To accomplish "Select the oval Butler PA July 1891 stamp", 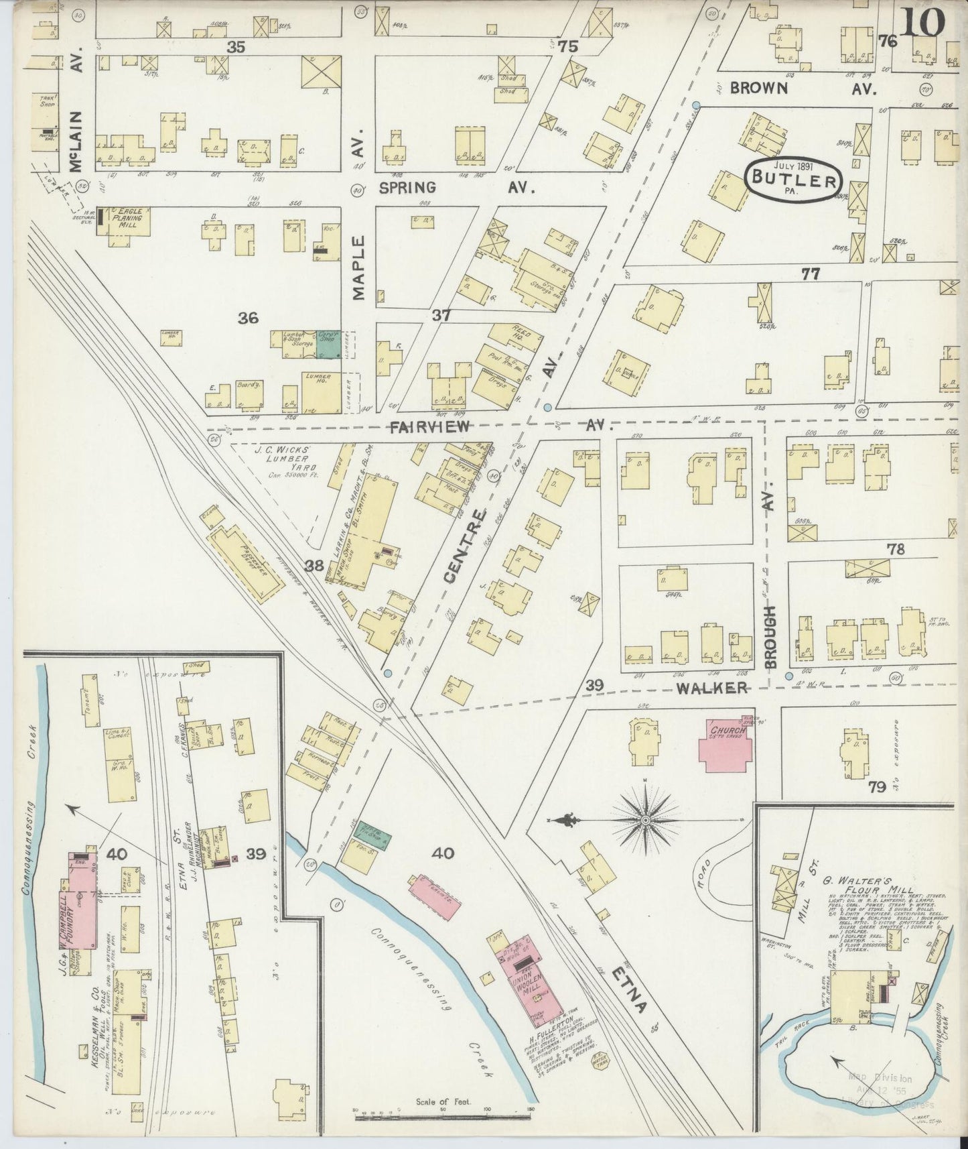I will [792, 180].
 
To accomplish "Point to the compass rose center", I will [645, 820].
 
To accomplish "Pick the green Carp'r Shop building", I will [328, 339].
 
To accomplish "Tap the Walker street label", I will [711, 688].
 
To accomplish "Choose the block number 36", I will [248, 318].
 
